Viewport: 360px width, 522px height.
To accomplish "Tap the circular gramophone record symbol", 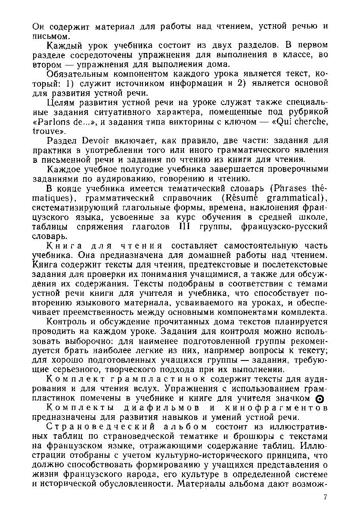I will [319, 398].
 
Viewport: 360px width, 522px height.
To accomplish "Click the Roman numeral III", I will [184, 227].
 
